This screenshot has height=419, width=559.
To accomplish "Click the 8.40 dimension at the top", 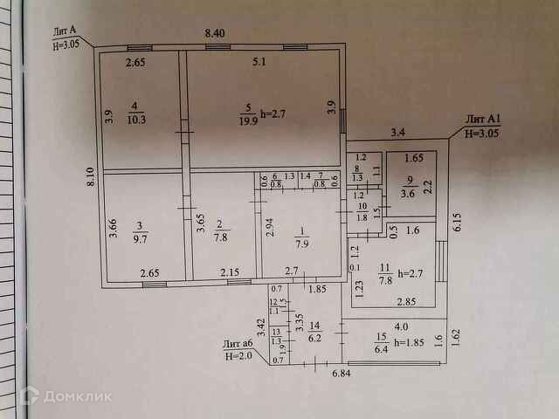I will coord(215,33).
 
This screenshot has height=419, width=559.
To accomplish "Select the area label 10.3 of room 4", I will coord(135,120).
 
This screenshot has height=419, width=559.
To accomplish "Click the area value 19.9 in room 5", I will coord(247,120).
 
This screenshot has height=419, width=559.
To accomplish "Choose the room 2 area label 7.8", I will coord(220,237).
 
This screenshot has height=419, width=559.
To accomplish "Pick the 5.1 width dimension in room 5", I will coord(259,62).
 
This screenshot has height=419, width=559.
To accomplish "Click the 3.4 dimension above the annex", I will coord(397,133).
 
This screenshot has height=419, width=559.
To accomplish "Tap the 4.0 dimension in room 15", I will coord(400,326).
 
